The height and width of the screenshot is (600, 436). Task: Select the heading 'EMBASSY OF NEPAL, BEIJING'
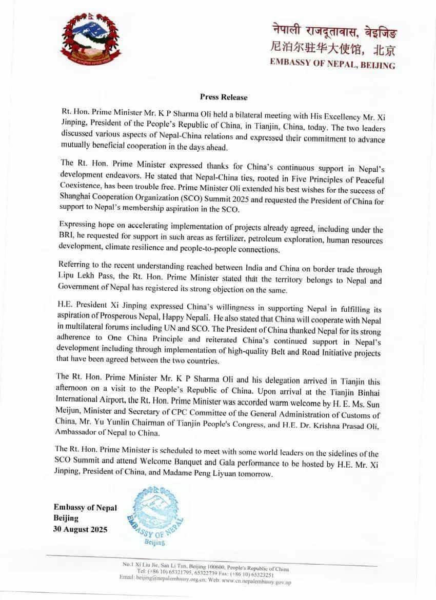click(333, 65)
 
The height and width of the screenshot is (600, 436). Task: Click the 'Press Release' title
click(223, 97)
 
